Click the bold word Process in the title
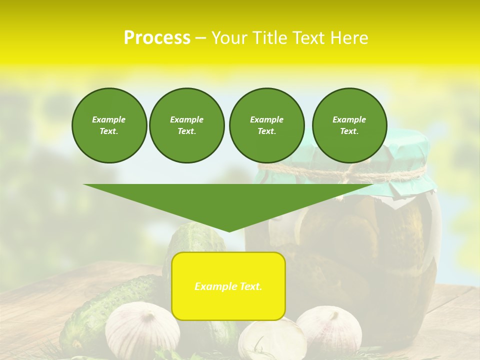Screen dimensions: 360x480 click(157, 38)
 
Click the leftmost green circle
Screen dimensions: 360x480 click(109, 125)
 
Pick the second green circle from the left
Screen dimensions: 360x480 click(186, 125)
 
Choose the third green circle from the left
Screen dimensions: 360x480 click(266, 125)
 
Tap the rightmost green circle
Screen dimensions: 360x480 click(349, 125)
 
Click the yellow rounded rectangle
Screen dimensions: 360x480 click(228, 300)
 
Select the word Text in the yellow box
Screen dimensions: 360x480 click(251, 286)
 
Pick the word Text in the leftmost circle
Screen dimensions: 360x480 click(109, 131)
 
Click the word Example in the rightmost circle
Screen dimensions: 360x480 click(349, 119)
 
